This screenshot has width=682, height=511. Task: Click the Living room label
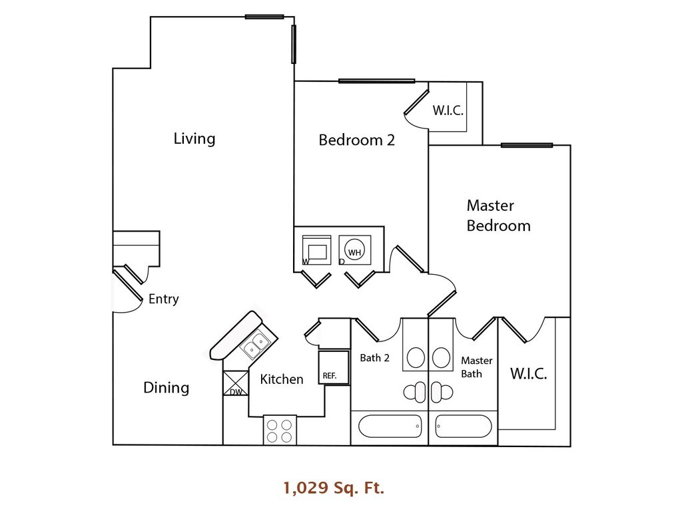pyautogui.click(x=194, y=138)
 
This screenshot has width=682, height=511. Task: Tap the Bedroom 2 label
pyautogui.click(x=357, y=140)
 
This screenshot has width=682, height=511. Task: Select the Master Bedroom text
pyautogui.click(x=498, y=216)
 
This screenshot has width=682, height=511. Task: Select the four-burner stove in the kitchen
pyautogui.click(x=280, y=429)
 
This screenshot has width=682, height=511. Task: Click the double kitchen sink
pyautogui.click(x=255, y=345)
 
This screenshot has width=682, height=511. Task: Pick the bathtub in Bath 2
pyautogui.click(x=390, y=425)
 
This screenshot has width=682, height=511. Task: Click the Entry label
pyautogui.click(x=163, y=299)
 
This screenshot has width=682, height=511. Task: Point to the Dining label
pyautogui.click(x=167, y=387)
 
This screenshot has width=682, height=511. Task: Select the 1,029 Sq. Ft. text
pyautogui.click(x=334, y=489)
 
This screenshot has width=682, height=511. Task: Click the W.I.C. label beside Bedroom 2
pyautogui.click(x=448, y=110)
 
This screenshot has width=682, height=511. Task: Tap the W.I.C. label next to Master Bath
pyautogui.click(x=529, y=374)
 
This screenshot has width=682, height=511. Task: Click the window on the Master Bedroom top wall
pyautogui.click(x=526, y=145)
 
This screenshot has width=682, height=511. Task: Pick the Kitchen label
pyautogui.click(x=281, y=379)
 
